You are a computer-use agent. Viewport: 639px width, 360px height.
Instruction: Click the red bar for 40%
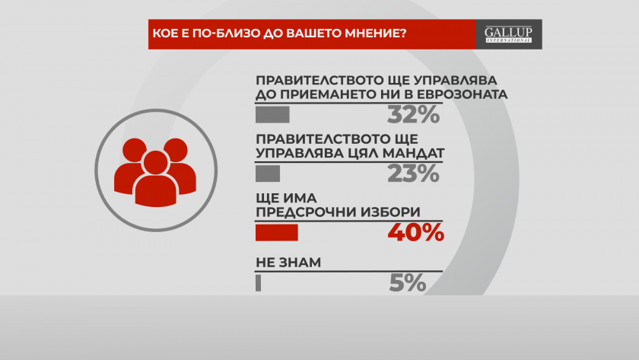tap(277, 233)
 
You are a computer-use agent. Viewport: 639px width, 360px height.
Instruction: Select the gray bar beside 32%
tap(272, 115)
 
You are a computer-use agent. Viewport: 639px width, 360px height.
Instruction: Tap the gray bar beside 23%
tap(268, 174)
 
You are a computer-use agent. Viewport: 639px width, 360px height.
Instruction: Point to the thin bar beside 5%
tap(258, 283)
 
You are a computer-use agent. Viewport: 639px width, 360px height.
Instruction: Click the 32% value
tap(413, 115)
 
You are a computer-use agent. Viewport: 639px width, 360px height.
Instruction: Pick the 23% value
tap(413, 174)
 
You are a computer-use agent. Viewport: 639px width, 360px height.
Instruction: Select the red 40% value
tap(415, 233)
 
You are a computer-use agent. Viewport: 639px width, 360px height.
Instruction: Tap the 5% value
tap(408, 283)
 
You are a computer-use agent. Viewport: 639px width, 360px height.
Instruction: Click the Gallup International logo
tap(509, 34)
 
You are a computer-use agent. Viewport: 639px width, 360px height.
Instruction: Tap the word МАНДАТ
tap(408, 153)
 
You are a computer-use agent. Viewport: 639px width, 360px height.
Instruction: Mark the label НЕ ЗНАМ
tap(288, 263)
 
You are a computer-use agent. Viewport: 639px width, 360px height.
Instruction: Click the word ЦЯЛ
tap(353, 153)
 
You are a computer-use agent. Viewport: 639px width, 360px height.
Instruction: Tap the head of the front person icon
tap(156, 162)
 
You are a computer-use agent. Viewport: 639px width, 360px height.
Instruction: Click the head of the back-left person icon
tap(135, 150)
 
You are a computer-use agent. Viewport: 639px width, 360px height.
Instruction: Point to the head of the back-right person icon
tap(176, 150)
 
